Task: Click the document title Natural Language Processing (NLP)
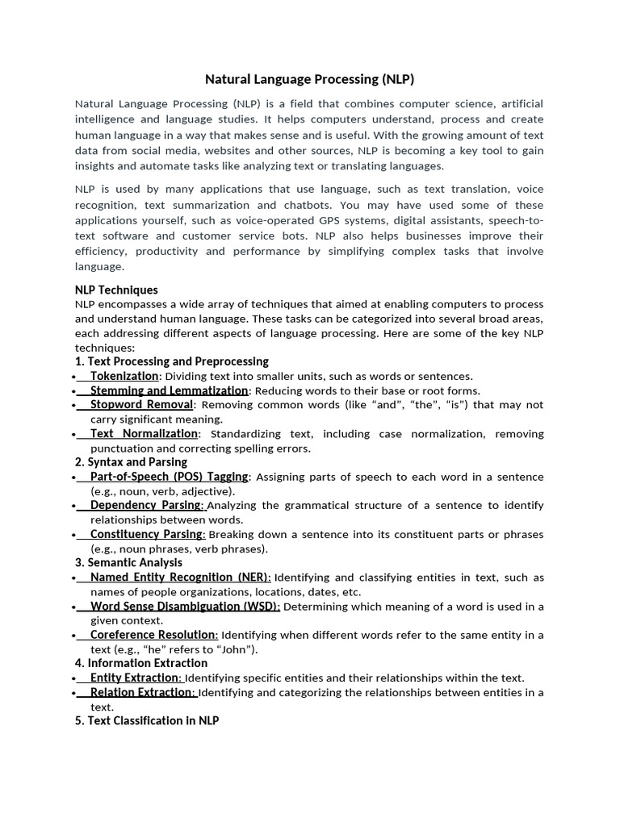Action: (309, 79)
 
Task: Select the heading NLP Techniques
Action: (116, 290)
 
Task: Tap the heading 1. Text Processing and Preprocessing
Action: (171, 361)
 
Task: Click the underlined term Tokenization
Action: (124, 376)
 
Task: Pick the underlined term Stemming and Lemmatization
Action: (169, 390)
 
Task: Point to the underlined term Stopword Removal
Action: (141, 404)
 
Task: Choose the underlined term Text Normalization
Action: (144, 434)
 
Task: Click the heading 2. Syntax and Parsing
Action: (131, 462)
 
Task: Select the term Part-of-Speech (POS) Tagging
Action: (170, 477)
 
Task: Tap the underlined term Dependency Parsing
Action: (145, 505)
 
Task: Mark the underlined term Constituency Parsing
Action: (146, 534)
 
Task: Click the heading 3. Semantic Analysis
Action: (128, 562)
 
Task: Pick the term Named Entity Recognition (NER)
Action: (178, 578)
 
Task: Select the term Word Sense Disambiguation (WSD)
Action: (184, 606)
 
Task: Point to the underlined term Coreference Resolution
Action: (153, 635)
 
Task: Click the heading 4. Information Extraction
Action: (141, 663)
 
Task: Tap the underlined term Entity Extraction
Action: (134, 678)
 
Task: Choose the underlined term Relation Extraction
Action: (141, 692)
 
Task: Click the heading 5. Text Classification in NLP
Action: (147, 720)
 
